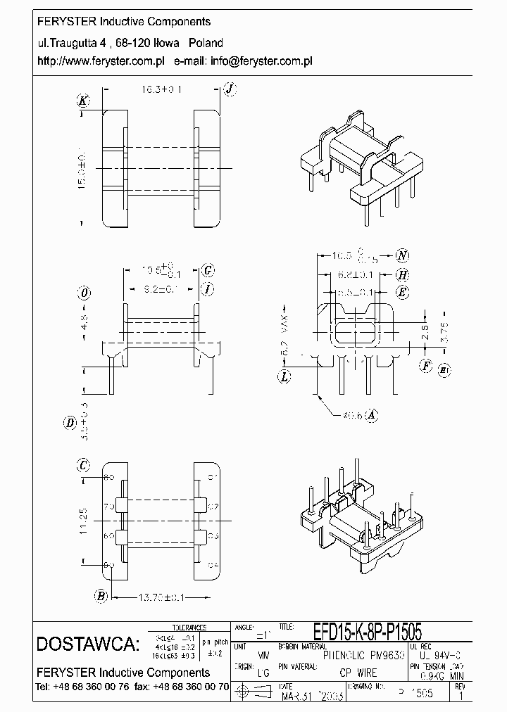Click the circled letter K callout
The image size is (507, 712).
coord(84,101)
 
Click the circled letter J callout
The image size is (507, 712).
coord(229,89)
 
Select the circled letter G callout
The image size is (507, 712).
coord(208,270)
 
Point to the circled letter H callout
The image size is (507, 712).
coord(402,275)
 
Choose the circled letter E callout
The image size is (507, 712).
coord(402,292)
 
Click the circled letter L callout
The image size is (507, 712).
coord(284,377)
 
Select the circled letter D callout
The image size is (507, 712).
coord(69,423)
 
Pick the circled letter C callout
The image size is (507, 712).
coord(84,464)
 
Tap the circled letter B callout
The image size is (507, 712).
coord(101,597)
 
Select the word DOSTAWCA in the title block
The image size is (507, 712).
coord(87,644)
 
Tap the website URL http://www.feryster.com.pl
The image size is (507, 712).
coord(100,61)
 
